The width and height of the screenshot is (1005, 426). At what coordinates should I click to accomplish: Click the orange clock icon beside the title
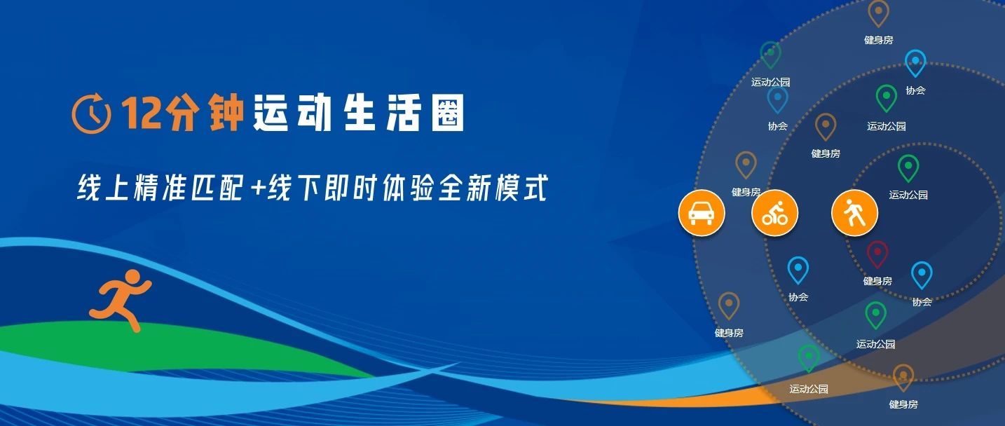92,113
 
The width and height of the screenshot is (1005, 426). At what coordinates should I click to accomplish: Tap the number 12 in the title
142,112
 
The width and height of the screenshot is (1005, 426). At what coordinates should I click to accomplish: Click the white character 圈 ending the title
447,112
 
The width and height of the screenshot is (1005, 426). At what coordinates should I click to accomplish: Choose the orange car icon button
702,213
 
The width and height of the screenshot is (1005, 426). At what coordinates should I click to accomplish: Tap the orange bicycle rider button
774,213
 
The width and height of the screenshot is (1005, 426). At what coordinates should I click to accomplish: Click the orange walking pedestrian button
854,213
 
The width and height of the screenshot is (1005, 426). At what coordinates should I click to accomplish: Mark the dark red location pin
877,254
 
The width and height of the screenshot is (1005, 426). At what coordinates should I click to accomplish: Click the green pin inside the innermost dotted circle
908,168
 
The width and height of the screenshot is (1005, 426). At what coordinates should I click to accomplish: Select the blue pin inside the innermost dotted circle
922,275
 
